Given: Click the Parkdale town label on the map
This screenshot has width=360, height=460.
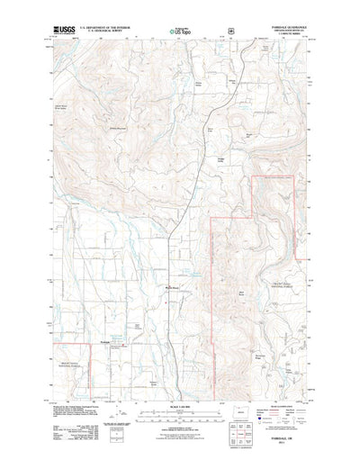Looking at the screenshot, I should coord(104,344).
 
